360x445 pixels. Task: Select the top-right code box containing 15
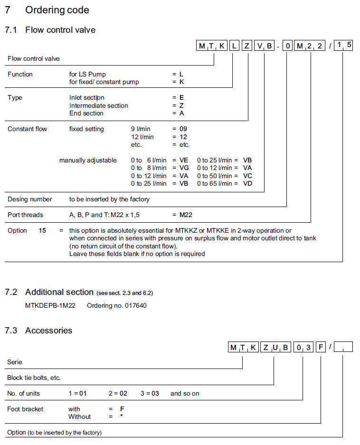coord(343,46)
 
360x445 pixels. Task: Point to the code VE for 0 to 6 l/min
coord(184,161)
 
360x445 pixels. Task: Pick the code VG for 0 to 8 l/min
coord(184,168)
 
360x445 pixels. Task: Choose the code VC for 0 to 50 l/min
coord(247,176)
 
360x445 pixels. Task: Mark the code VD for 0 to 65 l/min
coord(247,183)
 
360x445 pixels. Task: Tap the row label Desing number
coord(30,199)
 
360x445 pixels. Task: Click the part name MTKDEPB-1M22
coord(50,306)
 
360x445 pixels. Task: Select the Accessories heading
coord(48,331)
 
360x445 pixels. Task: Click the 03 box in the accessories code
coord(303,348)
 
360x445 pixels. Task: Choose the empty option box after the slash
coord(343,348)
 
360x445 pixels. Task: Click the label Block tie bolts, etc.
coord(34,378)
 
